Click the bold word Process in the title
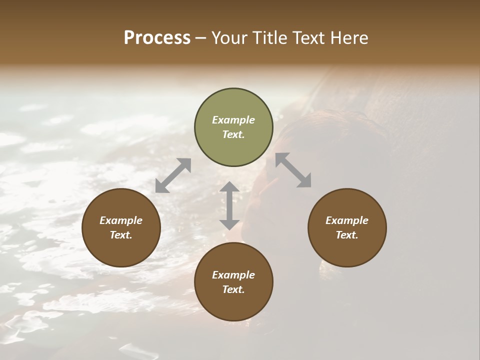coord(157,38)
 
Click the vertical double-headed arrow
coord(229,205)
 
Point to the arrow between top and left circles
coord(173,175)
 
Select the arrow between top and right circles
coord(293,170)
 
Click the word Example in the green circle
coord(233,120)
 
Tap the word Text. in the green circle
coord(233,134)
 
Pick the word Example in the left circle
coord(121,220)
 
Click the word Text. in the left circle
coord(121,235)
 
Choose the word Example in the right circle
coord(347,220)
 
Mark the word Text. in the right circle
coord(347,235)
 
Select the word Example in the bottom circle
coord(233,275)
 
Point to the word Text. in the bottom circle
coord(233,289)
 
